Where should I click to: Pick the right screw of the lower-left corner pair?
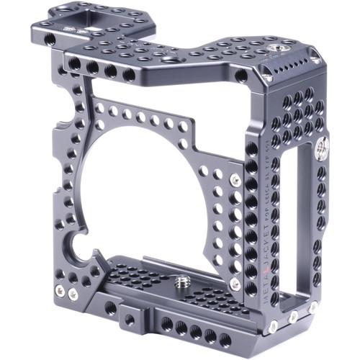[x=72, y=294]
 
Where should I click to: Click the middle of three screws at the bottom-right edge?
[x=293, y=317]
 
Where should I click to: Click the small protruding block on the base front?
[x=130, y=318]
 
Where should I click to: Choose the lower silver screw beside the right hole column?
[x=234, y=284]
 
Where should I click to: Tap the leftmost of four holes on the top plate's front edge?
[x=74, y=64]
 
